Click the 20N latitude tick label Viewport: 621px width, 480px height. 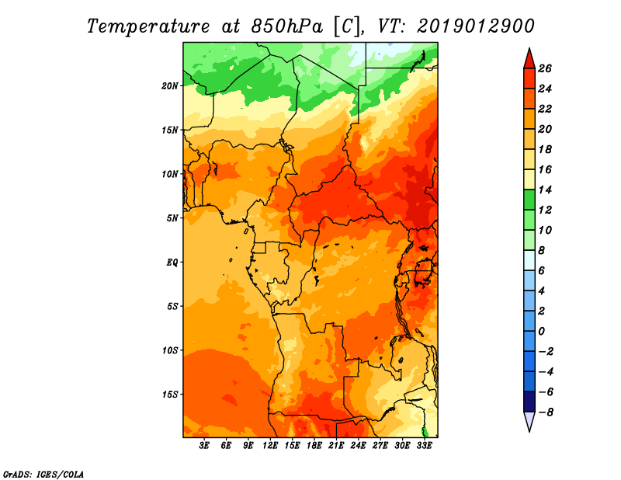(x=170, y=85)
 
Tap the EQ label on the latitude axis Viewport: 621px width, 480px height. (x=172, y=262)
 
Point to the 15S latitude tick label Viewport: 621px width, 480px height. (x=170, y=395)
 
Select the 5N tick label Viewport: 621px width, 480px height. (x=172, y=218)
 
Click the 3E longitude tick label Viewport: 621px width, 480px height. (x=204, y=445)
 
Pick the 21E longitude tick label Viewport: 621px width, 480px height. (x=336, y=445)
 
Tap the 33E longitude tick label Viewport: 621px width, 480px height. (x=424, y=445)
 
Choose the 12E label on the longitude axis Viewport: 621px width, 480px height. (x=269, y=445)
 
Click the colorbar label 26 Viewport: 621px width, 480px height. (x=545, y=68)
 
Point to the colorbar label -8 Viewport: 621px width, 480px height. (x=546, y=412)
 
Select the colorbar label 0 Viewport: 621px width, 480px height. (x=542, y=332)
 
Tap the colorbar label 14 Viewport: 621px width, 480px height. (x=545, y=190)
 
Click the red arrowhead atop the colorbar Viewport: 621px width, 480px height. (x=529, y=60)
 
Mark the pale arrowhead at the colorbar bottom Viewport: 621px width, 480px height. (x=529, y=420)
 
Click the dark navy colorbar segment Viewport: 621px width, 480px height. (x=529, y=402)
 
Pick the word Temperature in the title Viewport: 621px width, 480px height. (x=148, y=27)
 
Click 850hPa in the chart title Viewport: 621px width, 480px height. (x=287, y=26)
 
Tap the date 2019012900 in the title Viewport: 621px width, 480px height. (x=476, y=26)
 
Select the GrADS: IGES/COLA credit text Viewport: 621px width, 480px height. (x=43, y=475)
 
